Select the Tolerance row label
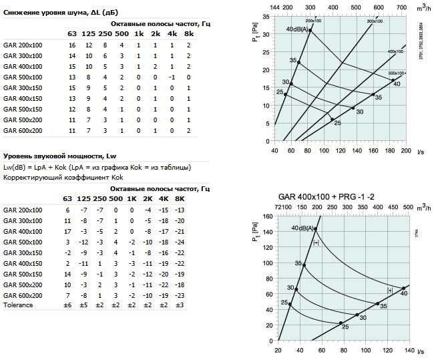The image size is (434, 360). point(18,305)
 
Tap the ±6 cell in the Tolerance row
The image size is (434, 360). point(67,305)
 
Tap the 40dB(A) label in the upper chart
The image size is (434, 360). point(297,30)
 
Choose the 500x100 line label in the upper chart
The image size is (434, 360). point(397,73)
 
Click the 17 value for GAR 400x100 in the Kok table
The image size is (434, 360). point(67,230)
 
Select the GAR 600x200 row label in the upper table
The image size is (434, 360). point(23,130)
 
